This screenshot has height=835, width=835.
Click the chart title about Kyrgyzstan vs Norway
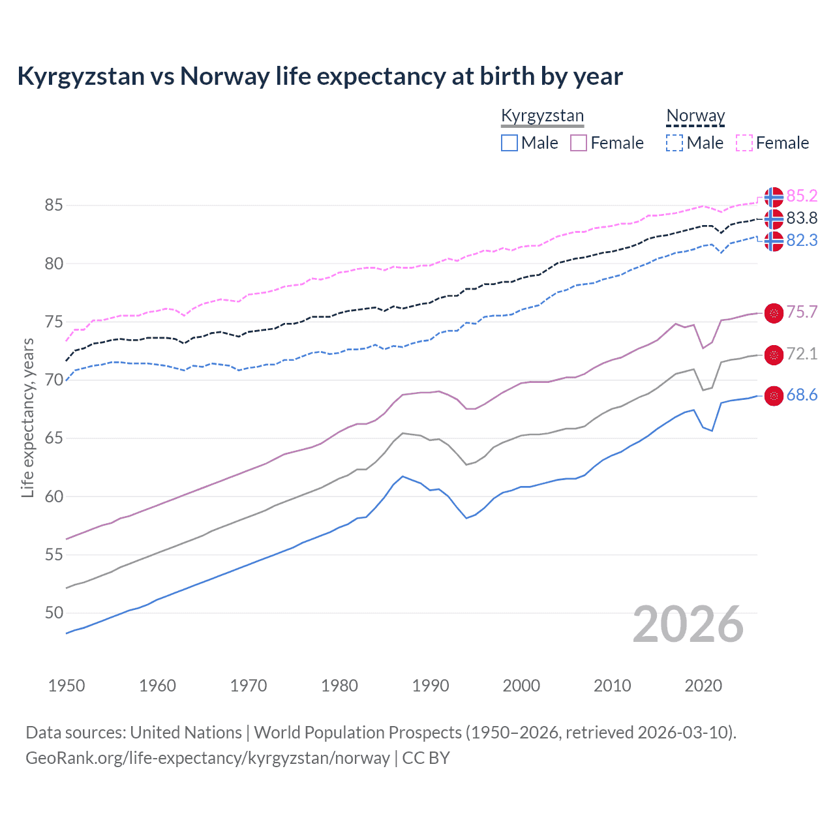320,76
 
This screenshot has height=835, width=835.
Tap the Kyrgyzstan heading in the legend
542,116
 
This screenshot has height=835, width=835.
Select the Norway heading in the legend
695,116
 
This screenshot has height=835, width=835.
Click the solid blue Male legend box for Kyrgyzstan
509,143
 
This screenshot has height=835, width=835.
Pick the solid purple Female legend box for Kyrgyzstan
579,143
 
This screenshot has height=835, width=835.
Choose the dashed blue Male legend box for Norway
675,143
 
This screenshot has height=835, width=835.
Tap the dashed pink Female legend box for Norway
744,143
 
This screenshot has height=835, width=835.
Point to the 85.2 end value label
802,196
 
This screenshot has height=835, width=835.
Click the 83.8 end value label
802,218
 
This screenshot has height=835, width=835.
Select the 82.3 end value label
802,240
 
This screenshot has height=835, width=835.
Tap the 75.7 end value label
802,312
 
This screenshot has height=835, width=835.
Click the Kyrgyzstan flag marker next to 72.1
774,355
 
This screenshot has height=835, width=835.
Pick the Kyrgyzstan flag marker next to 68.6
774,396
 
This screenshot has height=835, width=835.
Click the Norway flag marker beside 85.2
774,196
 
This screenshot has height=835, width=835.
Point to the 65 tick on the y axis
53,438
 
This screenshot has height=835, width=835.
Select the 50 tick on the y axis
53,613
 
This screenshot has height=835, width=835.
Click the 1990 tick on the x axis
431,686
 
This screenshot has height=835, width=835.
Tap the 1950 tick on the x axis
67,686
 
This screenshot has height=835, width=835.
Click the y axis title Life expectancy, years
27,417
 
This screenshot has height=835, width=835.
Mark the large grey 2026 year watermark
688,624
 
